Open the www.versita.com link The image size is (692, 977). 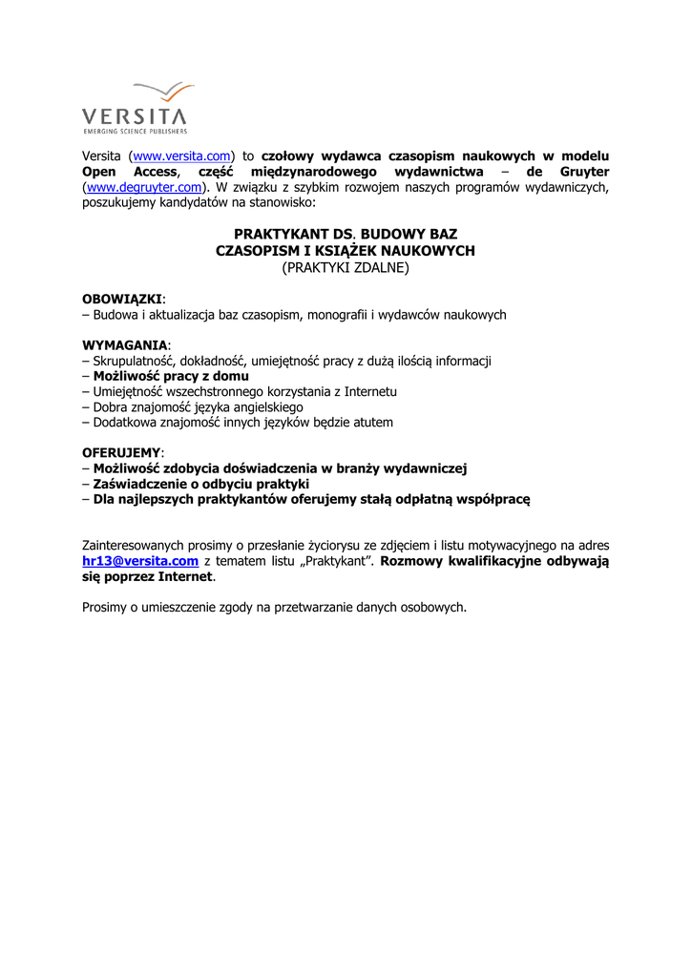click(x=181, y=156)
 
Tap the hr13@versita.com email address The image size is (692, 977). click(x=140, y=561)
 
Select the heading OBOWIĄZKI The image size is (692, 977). click(x=122, y=299)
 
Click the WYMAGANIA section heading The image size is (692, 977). click(x=125, y=344)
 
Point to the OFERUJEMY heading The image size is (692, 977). click(x=122, y=452)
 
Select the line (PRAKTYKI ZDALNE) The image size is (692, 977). click(x=345, y=268)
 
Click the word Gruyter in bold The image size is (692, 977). click(x=578, y=172)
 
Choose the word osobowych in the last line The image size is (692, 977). click(x=435, y=607)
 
